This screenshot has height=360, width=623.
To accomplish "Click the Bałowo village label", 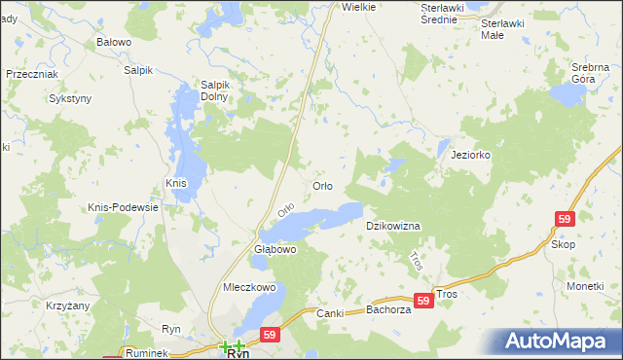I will pos(114,43).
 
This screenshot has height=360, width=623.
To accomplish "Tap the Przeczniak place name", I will pos(32,74).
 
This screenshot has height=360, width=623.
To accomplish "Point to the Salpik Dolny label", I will pos(214,90).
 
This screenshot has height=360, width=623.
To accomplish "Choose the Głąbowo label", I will pos(275,250).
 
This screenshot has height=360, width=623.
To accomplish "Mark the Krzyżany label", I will pos(41,305).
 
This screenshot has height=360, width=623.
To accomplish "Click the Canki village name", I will pos(332,313).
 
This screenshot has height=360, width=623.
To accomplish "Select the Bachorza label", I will pos(390,310).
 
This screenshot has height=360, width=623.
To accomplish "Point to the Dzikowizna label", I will pos(392,226).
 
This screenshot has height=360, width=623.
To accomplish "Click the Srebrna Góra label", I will pos(590,72).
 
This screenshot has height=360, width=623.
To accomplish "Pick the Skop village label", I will pos(563,244).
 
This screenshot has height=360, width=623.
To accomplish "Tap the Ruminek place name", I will pos(147,352).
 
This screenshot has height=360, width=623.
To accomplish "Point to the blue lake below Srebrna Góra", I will pos(566,93).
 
